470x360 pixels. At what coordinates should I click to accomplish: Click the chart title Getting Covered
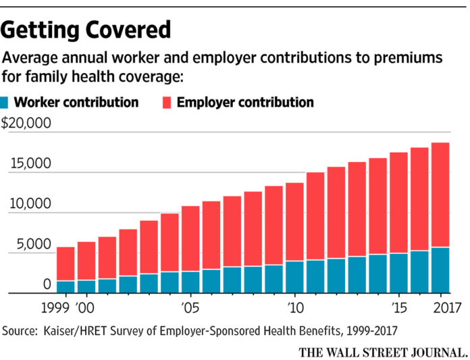(86, 29)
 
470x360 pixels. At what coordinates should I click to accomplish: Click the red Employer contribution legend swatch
(167, 103)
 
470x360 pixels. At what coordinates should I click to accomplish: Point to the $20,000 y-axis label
(26, 124)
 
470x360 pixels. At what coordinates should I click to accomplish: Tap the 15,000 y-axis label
(30, 164)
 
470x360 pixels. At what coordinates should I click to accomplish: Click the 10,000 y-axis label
(30, 204)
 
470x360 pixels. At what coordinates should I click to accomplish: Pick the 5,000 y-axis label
(33, 245)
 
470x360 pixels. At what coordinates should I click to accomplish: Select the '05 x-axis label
(190, 309)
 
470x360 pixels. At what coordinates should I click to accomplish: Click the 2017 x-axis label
(440, 309)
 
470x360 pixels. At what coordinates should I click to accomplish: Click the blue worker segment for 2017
(440, 270)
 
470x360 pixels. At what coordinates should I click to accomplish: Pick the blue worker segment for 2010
(294, 277)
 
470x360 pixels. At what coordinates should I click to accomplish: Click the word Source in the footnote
(21, 331)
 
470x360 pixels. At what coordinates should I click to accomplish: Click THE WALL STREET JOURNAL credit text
(382, 351)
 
